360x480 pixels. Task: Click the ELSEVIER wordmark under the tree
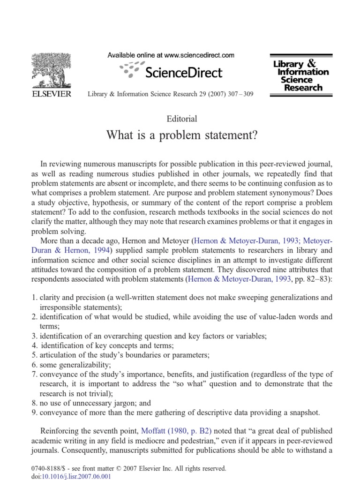pos(52,94)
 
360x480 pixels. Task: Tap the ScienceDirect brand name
pos(184,72)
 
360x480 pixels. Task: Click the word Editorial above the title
pos(181,119)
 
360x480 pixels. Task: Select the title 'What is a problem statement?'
pos(181,135)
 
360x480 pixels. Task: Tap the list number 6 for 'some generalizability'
pos(34,364)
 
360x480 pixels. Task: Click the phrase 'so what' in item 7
pos(208,383)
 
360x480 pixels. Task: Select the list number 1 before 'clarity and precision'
pos(34,298)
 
